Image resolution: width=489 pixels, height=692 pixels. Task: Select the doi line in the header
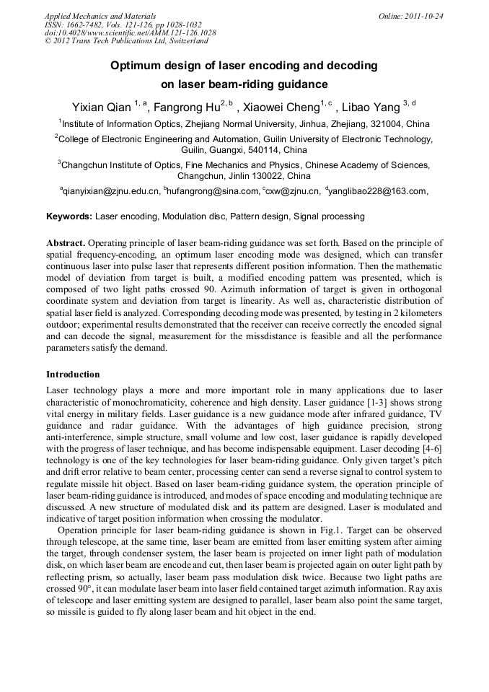(x=130, y=32)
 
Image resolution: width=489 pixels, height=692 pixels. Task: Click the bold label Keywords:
(x=69, y=216)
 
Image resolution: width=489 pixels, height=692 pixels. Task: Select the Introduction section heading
(x=73, y=375)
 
